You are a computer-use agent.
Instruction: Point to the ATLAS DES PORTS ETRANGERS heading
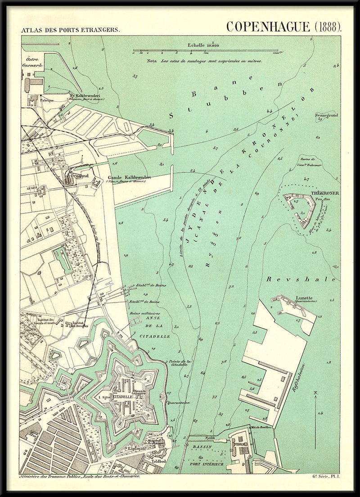(x=69, y=31)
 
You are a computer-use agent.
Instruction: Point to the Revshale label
(x=301, y=280)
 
